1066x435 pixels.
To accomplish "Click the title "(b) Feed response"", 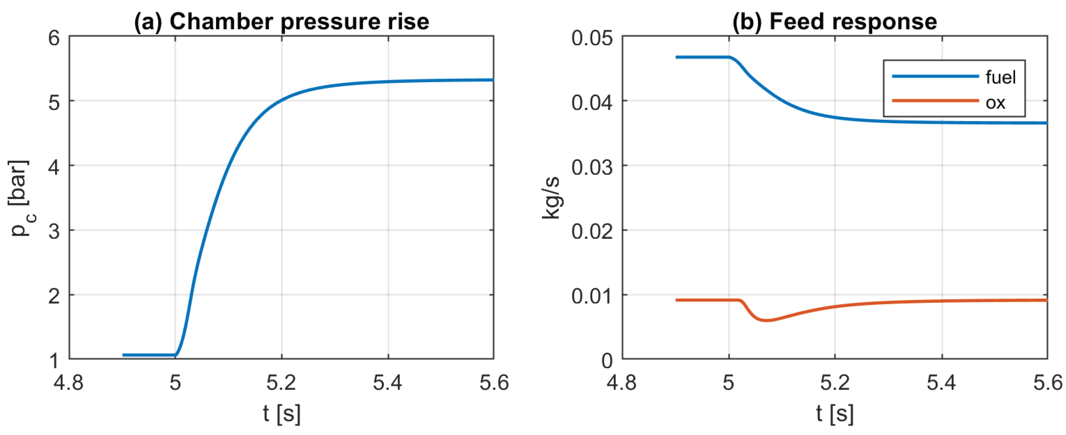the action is tap(835, 22).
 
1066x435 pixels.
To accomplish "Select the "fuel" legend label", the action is tap(1001, 77).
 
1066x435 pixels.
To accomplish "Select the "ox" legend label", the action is tap(995, 102).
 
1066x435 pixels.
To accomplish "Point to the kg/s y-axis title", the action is tap(551, 198).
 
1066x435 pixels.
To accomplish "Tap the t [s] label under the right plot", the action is tap(835, 413).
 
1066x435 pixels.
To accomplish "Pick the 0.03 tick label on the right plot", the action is tap(592, 167).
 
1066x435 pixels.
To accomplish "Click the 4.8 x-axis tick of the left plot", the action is tap(69, 383).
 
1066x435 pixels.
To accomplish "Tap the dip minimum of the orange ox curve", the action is tap(767, 321).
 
